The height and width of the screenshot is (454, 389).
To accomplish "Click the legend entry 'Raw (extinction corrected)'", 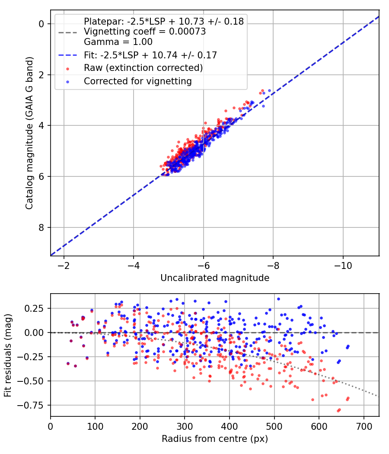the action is click(143, 68).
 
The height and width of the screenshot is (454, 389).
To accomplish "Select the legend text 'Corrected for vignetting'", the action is click(138, 81).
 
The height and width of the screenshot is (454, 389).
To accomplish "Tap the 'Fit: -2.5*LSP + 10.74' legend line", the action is click(68, 55).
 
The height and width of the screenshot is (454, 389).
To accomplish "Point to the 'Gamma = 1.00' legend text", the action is click(118, 42).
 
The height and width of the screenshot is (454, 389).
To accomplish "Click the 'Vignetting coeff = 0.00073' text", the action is click(145, 31).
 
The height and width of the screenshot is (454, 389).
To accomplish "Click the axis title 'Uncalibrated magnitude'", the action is click(215, 278).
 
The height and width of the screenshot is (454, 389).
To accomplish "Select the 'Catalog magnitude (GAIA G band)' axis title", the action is click(29, 133).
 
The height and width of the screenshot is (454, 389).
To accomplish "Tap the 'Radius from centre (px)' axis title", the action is click(215, 439).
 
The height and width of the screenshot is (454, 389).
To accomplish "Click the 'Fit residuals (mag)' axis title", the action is click(8, 355).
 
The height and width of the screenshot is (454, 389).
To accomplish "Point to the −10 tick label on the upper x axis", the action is click(343, 265).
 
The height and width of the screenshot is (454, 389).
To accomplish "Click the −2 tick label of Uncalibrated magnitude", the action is click(64, 265).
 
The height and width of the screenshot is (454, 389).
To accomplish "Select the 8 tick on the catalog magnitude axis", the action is click(41, 227).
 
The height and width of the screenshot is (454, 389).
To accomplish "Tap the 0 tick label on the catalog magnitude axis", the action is click(41, 24).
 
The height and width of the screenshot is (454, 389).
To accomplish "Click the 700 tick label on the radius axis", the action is click(363, 426).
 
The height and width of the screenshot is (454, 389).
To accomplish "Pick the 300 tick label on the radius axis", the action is click(185, 426).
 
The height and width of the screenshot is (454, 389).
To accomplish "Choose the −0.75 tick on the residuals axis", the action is click(31, 406).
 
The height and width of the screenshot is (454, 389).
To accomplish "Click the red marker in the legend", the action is click(68, 69).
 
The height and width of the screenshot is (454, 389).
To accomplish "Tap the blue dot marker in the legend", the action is click(68, 82).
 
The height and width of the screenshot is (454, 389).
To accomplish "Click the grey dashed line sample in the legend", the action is click(68, 32).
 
